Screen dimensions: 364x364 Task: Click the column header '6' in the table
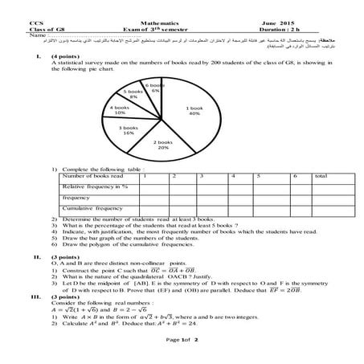pyautogui.click(x=297, y=175)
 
